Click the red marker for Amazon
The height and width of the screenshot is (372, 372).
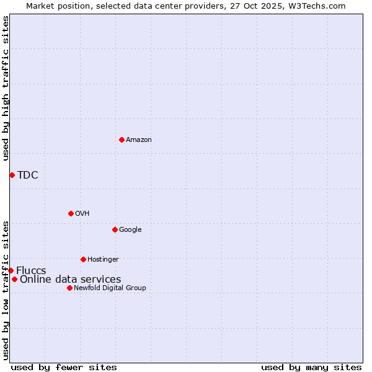[122, 139]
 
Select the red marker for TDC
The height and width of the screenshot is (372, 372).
[12, 175]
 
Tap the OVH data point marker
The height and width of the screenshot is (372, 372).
[71, 213]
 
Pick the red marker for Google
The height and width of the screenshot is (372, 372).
[115, 229]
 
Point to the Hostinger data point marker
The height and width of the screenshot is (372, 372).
[83, 259]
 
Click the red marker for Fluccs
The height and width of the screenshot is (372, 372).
[11, 270]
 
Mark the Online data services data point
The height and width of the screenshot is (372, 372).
[14, 279]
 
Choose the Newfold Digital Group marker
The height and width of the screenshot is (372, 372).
[69, 288]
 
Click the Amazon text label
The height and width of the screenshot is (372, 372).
[139, 139]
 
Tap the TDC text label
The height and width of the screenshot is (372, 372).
[28, 175]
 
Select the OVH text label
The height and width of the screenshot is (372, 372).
[82, 213]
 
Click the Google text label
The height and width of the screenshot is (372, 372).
[130, 229]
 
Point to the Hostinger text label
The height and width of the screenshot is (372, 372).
[103, 259]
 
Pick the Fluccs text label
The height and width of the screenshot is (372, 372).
[31, 270]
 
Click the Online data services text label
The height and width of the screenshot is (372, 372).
[71, 279]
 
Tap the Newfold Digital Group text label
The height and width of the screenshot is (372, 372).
[110, 288]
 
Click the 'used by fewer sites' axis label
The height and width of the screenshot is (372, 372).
[64, 367]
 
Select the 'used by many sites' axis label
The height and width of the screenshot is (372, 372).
[311, 367]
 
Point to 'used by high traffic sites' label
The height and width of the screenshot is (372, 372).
[6, 88]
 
